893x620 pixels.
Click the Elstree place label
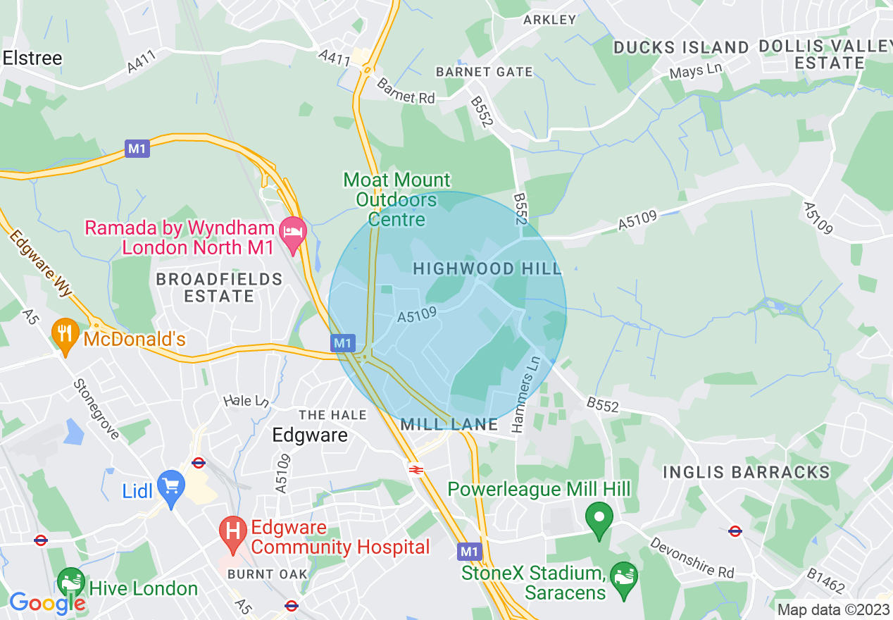[x=32, y=58]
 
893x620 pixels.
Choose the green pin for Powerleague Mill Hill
[x=599, y=519]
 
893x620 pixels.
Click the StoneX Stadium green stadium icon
[x=624, y=579]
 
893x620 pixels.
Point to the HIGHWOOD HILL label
[x=487, y=268]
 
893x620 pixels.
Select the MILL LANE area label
[x=449, y=424]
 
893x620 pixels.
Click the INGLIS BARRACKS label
[x=747, y=472]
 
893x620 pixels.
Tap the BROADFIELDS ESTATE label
[x=219, y=287]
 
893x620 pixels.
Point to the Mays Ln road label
[x=696, y=71]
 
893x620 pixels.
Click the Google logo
[x=46, y=602]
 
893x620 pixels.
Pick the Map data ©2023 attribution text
[x=833, y=609]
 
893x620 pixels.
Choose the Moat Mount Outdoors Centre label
[x=397, y=200]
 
